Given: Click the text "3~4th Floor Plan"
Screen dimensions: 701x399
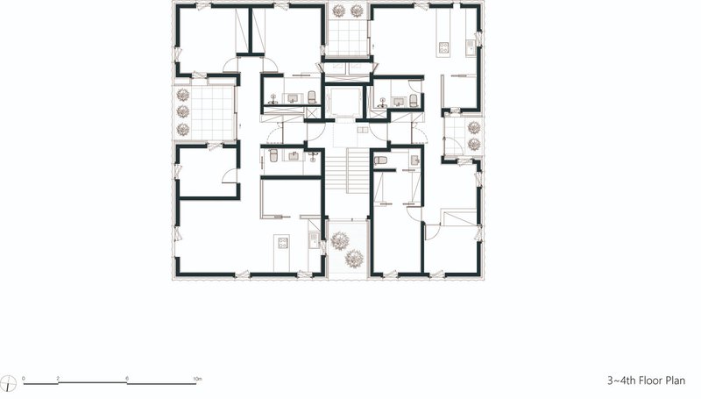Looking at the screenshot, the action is pyautogui.click(x=646, y=381).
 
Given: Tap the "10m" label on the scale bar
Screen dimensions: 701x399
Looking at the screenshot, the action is pyautogui.click(x=197, y=379).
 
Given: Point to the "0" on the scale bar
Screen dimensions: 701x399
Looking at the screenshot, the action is pyautogui.click(x=24, y=379).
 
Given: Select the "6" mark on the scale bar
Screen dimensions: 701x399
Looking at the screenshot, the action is pyautogui.click(x=127, y=379).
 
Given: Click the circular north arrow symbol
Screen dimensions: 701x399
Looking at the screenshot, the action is pyautogui.click(x=9, y=383).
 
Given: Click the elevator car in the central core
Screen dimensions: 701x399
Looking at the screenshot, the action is pyautogui.click(x=343, y=102).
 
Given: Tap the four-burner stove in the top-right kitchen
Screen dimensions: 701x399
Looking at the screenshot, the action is pyautogui.click(x=443, y=47).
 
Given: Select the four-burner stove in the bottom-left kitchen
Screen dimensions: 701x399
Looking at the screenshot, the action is pyautogui.click(x=282, y=243).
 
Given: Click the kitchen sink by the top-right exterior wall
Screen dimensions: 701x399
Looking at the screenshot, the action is pyautogui.click(x=471, y=46).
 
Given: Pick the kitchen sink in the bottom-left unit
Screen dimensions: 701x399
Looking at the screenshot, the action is pyautogui.click(x=313, y=240).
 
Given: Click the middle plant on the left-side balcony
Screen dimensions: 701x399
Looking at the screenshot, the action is pyautogui.click(x=183, y=111).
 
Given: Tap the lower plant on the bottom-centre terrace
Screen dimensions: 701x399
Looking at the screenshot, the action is pyautogui.click(x=354, y=259).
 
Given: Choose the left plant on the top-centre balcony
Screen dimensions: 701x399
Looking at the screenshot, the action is pyautogui.click(x=339, y=11).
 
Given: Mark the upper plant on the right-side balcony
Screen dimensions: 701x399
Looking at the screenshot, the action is pyautogui.click(x=474, y=128).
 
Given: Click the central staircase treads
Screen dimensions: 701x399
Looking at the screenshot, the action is pyautogui.click(x=347, y=170).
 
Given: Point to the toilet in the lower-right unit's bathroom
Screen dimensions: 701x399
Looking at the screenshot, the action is pyautogui.click(x=380, y=160).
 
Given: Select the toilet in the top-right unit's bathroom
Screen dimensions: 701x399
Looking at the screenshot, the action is pyautogui.click(x=414, y=100).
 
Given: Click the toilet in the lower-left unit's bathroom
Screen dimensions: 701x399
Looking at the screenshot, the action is pyautogui.click(x=273, y=156).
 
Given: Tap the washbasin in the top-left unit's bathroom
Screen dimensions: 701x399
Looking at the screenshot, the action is pyautogui.click(x=294, y=98).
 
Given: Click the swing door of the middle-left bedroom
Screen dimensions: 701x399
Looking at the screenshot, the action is pyautogui.click(x=230, y=176).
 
